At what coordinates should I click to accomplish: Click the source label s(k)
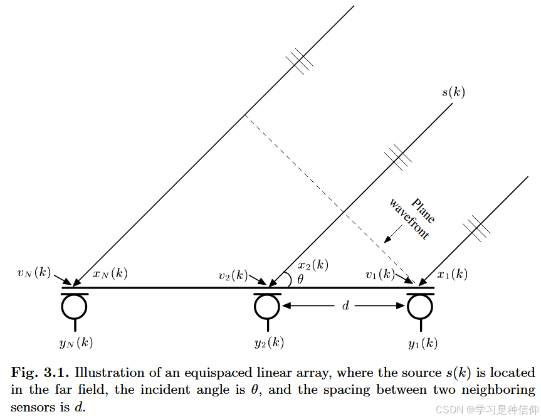(x=453, y=93)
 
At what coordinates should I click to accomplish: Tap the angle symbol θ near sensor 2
(x=300, y=280)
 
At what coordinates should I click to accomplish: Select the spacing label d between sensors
(x=345, y=306)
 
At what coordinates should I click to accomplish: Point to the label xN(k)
(x=110, y=273)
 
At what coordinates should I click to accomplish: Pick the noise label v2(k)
(x=233, y=275)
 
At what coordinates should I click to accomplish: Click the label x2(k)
(x=313, y=265)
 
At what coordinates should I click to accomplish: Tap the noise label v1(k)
(x=381, y=274)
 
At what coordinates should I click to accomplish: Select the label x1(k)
(x=452, y=274)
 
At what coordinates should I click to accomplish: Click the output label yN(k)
(x=76, y=342)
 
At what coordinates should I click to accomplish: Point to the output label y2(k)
(x=269, y=342)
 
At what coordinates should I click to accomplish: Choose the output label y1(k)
(x=423, y=343)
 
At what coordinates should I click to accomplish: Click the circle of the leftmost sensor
(x=75, y=307)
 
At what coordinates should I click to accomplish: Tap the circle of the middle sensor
(x=267, y=307)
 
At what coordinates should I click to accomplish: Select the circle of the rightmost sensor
(x=420, y=307)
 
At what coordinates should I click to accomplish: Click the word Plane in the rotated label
(x=423, y=210)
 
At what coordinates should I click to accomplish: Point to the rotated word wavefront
(x=409, y=219)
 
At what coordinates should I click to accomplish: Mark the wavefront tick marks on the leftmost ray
(x=299, y=61)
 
